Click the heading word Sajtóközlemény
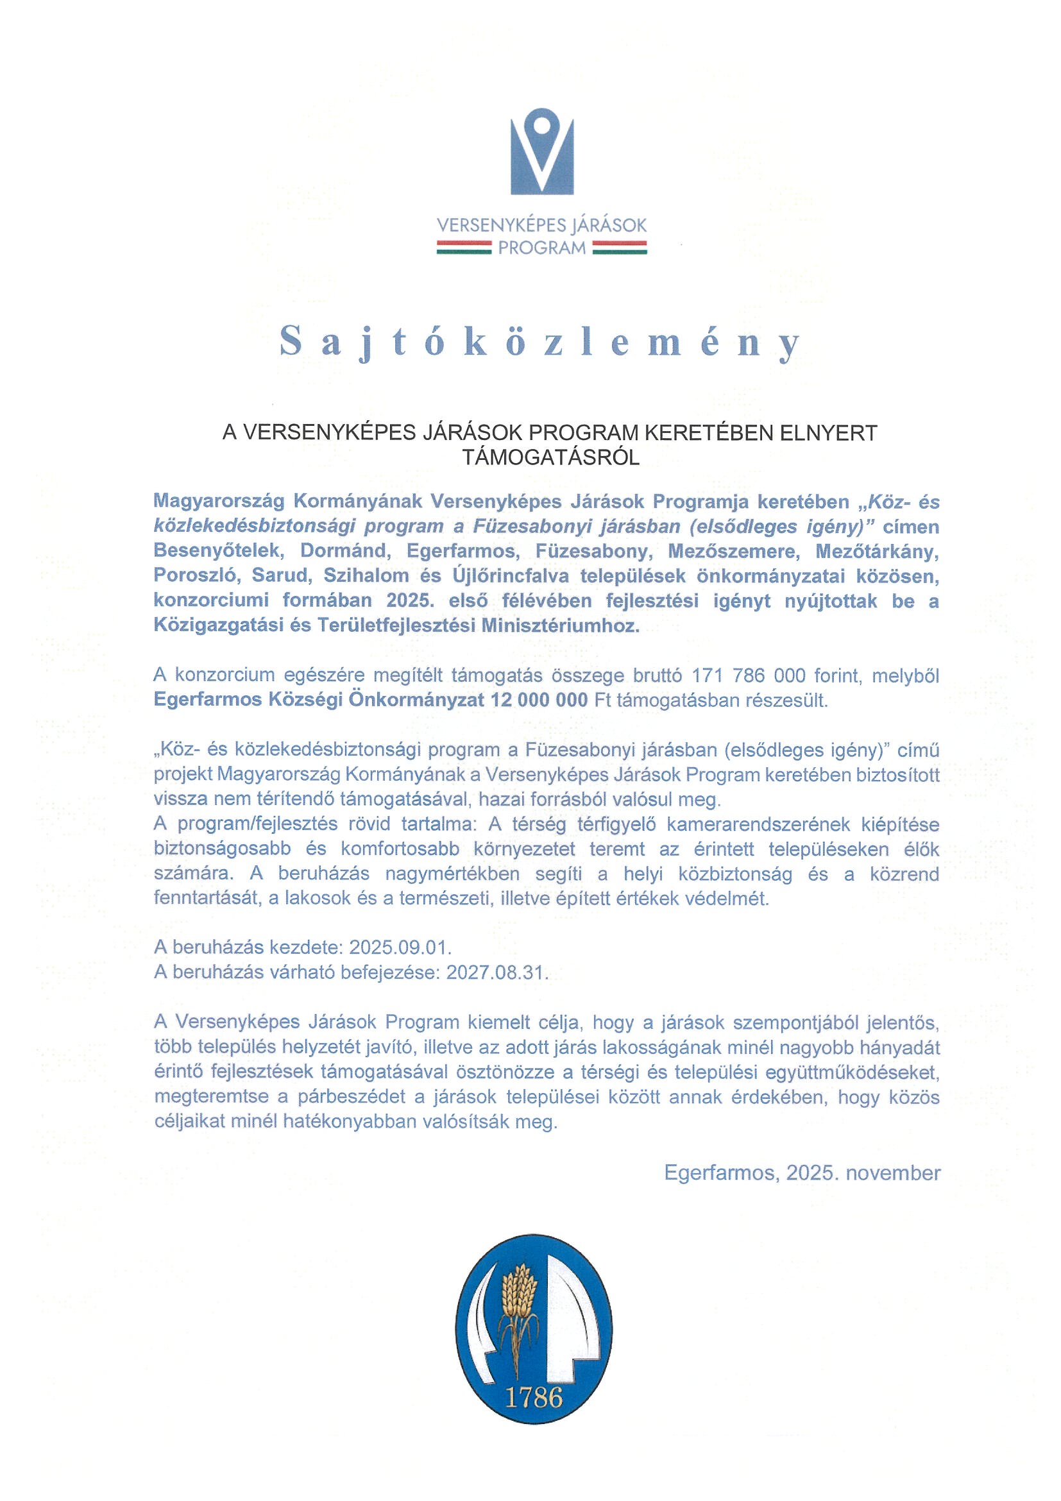(x=540, y=342)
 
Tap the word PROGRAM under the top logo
(x=541, y=248)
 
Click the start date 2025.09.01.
(x=400, y=947)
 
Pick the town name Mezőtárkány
(x=877, y=551)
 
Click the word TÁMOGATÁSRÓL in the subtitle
(x=550, y=457)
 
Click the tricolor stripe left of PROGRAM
(x=464, y=247)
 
